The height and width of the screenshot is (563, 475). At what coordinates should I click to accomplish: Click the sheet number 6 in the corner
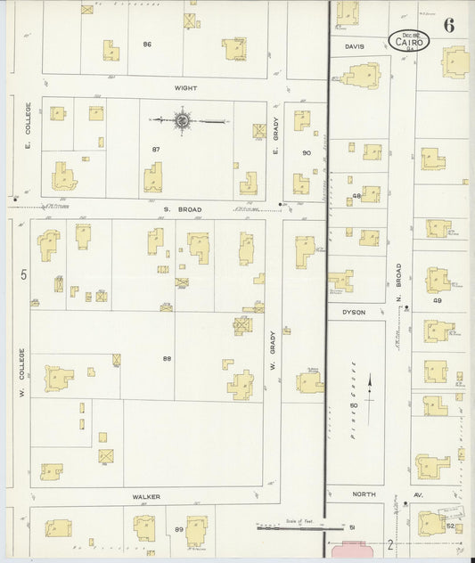coord(448,25)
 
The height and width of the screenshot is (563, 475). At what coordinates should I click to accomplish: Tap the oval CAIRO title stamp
coord(409,40)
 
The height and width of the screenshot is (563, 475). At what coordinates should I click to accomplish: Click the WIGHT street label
coord(186,88)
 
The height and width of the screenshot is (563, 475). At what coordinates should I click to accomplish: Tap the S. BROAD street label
coord(182,209)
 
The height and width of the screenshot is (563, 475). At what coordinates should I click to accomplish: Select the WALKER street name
coord(145,497)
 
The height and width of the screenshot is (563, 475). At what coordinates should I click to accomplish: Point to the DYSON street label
coord(354,312)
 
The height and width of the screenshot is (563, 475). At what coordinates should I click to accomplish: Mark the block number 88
coord(167,358)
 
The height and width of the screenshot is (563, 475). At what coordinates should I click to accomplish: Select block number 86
coord(147,43)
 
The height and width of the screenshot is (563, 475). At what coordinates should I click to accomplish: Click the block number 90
coord(306,152)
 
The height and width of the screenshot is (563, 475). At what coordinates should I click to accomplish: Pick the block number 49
coord(438,301)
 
